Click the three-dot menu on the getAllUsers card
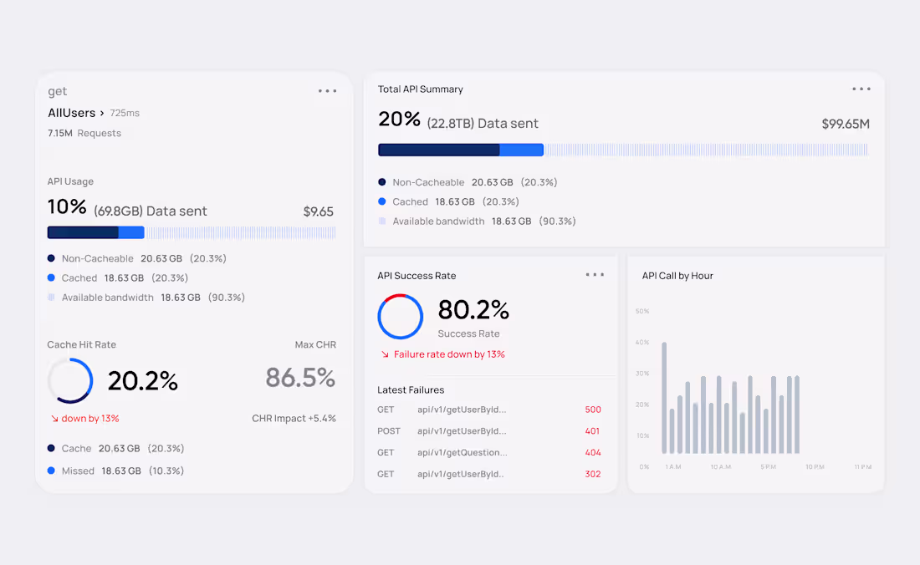(327, 91)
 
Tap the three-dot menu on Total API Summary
(861, 89)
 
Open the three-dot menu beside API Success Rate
(595, 275)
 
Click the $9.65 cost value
(318, 211)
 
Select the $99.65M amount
(846, 124)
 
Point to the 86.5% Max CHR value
(300, 378)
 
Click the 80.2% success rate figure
(473, 309)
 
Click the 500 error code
(593, 410)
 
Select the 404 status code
(593, 452)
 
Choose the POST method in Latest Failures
(388, 430)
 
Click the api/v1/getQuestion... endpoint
(463, 452)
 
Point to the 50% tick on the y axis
(642, 311)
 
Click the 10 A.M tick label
(721, 467)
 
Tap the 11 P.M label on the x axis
(863, 467)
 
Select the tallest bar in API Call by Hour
(664, 398)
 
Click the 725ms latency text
(125, 113)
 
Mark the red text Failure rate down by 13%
(449, 354)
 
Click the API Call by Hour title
(677, 276)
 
